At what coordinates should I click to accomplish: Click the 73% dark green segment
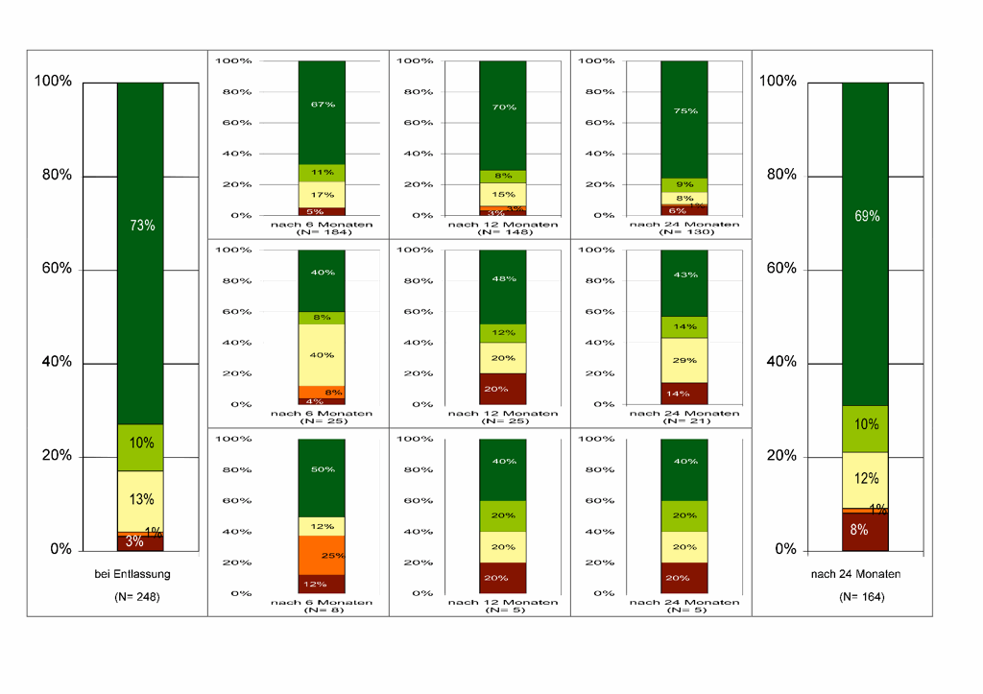(140, 253)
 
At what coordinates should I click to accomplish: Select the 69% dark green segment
(865, 244)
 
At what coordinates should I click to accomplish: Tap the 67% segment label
(322, 104)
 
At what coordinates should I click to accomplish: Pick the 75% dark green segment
(683, 119)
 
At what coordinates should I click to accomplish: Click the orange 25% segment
(322, 555)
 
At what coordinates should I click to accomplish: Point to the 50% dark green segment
(322, 478)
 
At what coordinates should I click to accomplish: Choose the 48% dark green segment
(503, 286)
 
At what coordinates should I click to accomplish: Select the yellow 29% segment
(683, 360)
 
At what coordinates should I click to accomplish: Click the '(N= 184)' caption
(322, 232)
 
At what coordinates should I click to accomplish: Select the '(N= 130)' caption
(684, 232)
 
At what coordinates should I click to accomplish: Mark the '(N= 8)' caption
(322, 610)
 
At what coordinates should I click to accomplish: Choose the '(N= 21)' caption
(684, 421)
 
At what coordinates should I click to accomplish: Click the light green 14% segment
(683, 326)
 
